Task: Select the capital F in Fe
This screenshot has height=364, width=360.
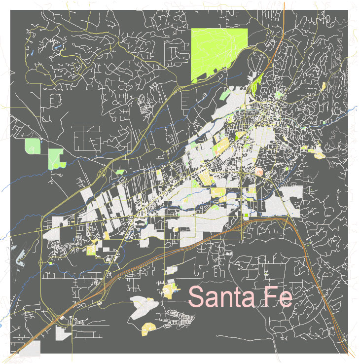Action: [x=271, y=296]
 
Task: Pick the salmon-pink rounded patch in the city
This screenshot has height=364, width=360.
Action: [x=260, y=172]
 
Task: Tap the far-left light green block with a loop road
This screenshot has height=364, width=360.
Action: [x=32, y=146]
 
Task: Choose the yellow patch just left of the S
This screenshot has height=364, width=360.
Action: [x=169, y=290]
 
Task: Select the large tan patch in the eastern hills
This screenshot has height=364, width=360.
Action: [x=319, y=154]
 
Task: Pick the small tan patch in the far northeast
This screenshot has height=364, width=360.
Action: [x=324, y=86]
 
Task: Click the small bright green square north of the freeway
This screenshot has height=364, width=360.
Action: [x=247, y=215]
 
